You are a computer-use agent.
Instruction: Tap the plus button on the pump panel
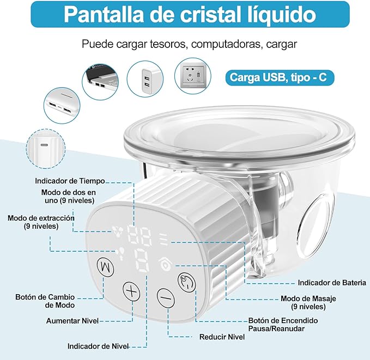click(131, 291)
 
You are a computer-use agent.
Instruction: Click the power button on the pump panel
click(187, 282)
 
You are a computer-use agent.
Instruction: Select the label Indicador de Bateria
click(332, 283)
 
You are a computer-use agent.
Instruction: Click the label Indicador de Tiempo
click(70, 181)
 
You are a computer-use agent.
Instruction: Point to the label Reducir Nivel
click(222, 337)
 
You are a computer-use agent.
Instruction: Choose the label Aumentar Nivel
click(72, 321)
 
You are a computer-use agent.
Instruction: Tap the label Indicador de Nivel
click(98, 346)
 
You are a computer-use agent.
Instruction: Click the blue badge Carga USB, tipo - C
click(280, 78)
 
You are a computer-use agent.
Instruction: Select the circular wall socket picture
click(193, 76)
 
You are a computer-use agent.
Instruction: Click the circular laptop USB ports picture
click(100, 81)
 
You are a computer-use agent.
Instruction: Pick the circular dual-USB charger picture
click(145, 79)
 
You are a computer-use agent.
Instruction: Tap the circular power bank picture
click(62, 106)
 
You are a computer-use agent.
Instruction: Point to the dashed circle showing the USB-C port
click(46, 149)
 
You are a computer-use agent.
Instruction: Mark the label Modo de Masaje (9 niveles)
click(308, 302)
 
